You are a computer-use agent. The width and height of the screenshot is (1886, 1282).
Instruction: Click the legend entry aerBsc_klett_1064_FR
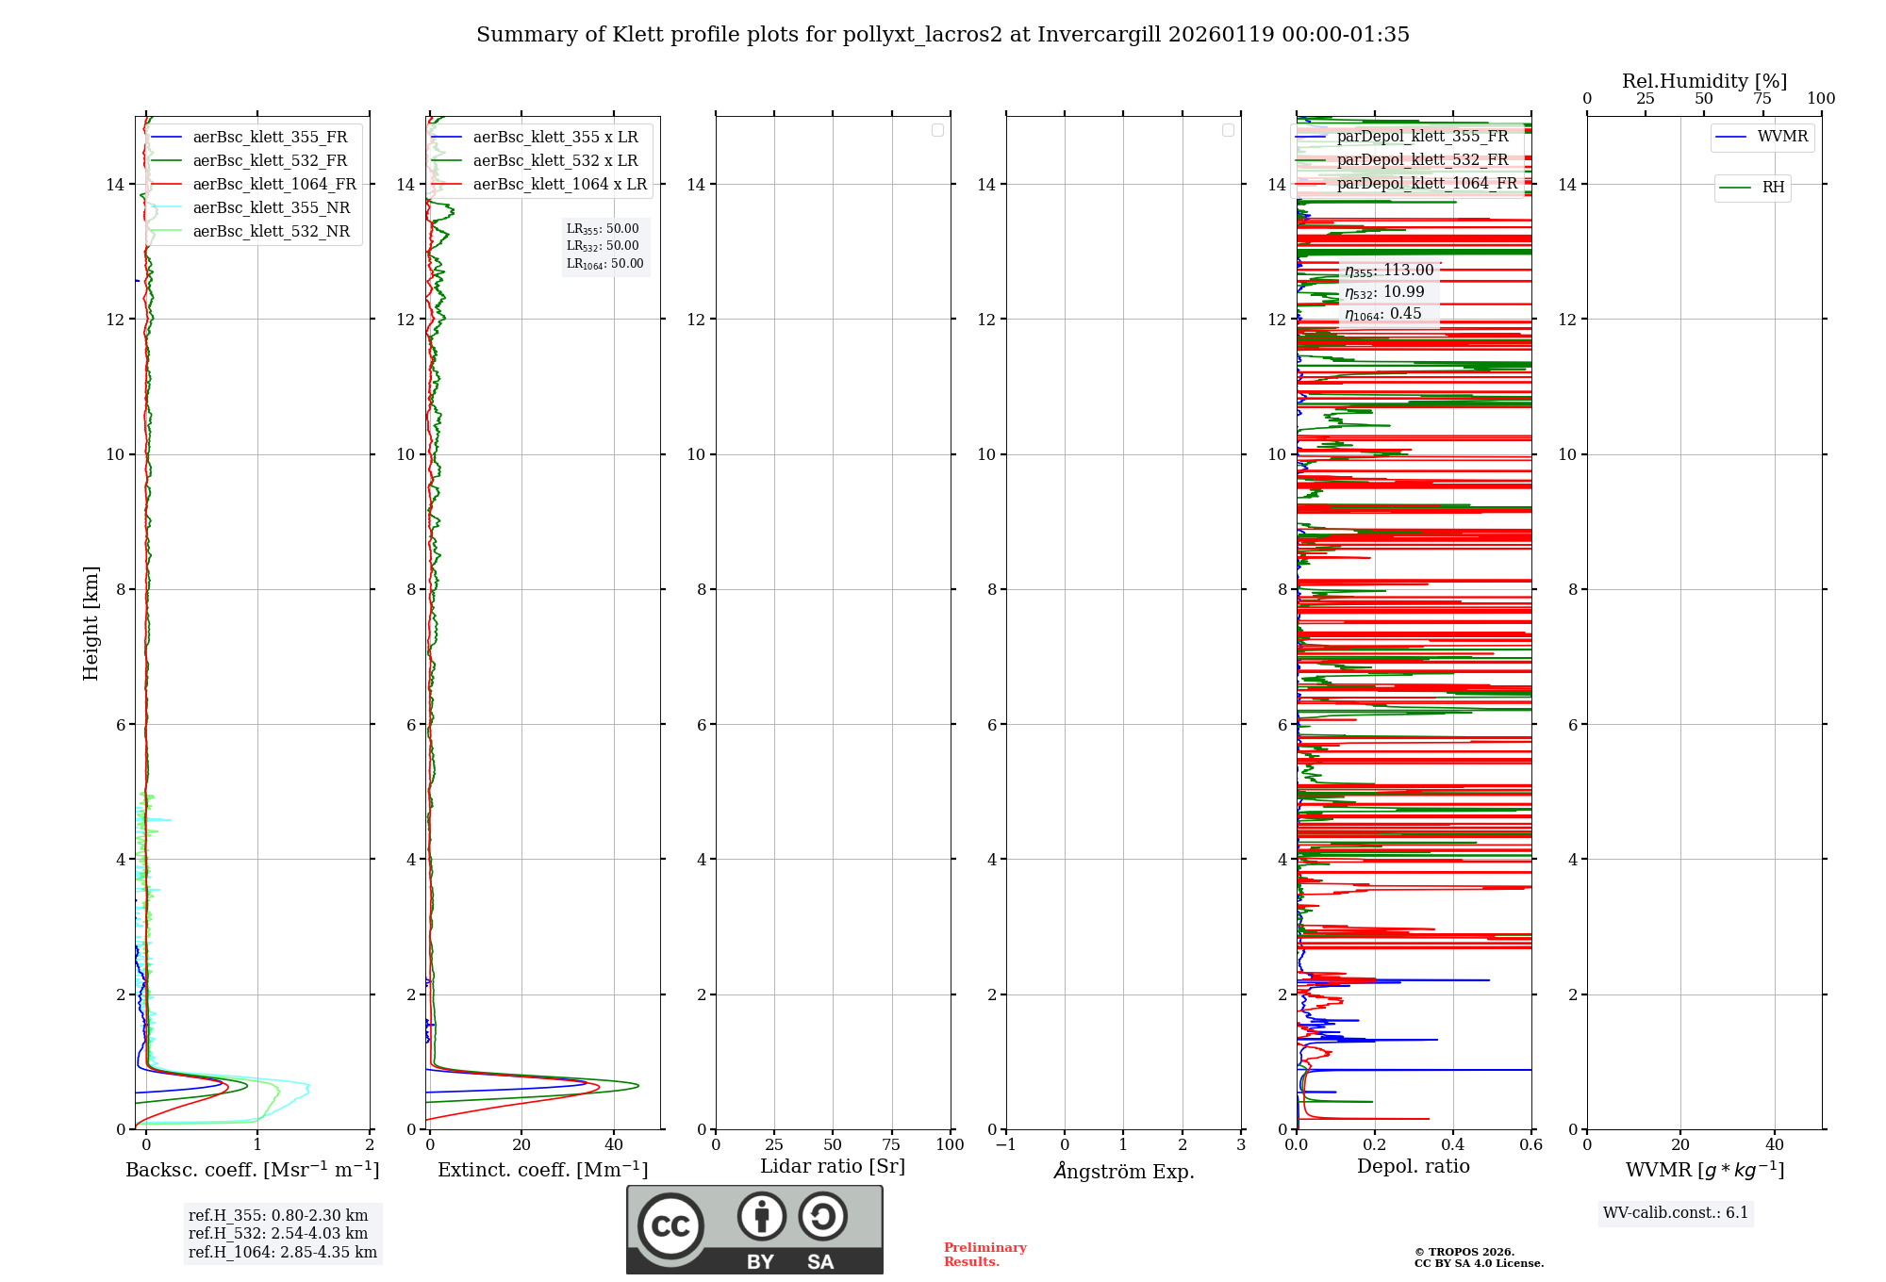tap(274, 185)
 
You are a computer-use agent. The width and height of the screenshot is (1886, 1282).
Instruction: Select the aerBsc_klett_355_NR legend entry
tap(272, 208)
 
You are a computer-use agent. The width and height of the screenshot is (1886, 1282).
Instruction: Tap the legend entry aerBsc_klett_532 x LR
tap(555, 161)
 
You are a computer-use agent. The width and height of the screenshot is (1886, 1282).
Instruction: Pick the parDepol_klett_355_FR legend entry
tap(1422, 137)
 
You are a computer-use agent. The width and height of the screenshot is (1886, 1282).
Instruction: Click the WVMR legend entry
tap(1782, 137)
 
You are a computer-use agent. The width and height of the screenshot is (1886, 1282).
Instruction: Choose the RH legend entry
tap(1773, 188)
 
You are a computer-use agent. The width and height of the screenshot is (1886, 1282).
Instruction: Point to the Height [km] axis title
tap(91, 623)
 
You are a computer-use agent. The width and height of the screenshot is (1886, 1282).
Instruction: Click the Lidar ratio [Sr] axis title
tap(833, 1167)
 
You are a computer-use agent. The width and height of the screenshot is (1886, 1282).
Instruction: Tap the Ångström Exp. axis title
tap(1124, 1172)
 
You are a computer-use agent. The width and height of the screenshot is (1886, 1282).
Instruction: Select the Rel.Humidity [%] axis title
tap(1704, 81)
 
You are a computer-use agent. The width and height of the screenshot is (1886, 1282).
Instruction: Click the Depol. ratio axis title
tap(1414, 1167)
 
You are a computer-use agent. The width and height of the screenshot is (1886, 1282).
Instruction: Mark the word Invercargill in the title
tap(1099, 35)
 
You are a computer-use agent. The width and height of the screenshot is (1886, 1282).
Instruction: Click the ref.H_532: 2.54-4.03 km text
tap(278, 1234)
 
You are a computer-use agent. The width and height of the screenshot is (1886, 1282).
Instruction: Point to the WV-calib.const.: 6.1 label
tap(1676, 1213)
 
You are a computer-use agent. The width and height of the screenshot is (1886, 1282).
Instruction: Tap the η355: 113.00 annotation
tap(1389, 271)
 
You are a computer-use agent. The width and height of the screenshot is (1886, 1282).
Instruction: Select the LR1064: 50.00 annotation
tap(604, 264)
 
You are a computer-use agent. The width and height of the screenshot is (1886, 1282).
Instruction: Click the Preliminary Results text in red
tap(984, 1255)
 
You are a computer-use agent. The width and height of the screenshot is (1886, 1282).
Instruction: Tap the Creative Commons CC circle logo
tap(670, 1226)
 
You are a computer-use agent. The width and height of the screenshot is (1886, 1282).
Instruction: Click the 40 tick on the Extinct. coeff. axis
tap(614, 1145)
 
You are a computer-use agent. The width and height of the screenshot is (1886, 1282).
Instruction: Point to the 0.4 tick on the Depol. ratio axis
tap(1453, 1145)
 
